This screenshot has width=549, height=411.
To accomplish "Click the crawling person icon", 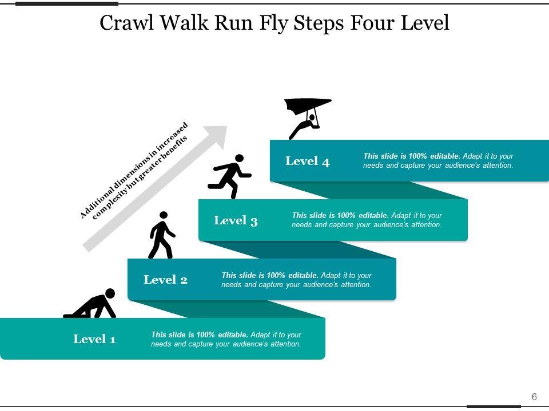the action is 91,305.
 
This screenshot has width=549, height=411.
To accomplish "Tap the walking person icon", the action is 161,236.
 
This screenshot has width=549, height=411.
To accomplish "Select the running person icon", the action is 230,175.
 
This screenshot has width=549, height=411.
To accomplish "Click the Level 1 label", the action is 94,339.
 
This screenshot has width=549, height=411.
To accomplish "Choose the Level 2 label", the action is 165,280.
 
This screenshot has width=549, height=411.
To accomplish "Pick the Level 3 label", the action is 236,220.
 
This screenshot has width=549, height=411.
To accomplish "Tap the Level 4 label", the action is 307,161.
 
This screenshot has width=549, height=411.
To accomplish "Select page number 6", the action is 534,397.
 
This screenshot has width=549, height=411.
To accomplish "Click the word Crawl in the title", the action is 122,23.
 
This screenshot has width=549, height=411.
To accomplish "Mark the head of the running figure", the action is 239,158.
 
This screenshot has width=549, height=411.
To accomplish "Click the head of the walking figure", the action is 164,215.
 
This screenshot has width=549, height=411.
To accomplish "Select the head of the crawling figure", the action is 110,293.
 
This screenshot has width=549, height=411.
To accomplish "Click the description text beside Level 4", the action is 438,161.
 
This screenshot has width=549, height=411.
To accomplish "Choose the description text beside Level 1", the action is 226,339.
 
